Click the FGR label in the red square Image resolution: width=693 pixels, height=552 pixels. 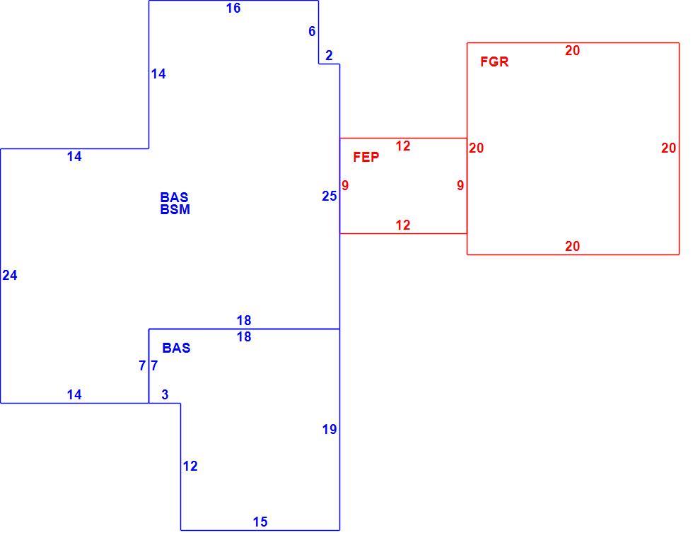494,61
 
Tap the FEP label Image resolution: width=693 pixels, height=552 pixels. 366,157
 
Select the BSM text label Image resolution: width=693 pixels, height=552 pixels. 175,209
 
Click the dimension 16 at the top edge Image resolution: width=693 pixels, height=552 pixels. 233,8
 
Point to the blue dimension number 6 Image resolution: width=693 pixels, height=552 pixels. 312,31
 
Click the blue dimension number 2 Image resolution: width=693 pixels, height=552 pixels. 329,56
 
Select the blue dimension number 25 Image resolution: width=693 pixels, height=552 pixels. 330,196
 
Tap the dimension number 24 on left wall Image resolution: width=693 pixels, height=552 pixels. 10,276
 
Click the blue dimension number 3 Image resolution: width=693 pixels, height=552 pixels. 165,395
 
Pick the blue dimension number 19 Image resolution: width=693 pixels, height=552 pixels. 330,429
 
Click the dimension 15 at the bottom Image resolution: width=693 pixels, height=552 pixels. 260,522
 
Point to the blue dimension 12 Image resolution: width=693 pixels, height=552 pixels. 190,466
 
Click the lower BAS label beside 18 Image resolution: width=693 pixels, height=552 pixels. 176,348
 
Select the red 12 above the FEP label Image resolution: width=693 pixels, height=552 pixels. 402,146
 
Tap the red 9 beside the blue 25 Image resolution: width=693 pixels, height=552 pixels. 345,186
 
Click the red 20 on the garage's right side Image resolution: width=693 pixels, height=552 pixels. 669,148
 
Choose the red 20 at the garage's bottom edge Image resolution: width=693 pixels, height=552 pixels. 572,246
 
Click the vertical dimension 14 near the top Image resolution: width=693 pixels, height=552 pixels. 158,74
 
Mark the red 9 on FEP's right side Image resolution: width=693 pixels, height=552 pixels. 460,185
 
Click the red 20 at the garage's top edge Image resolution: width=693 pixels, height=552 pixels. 572,51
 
